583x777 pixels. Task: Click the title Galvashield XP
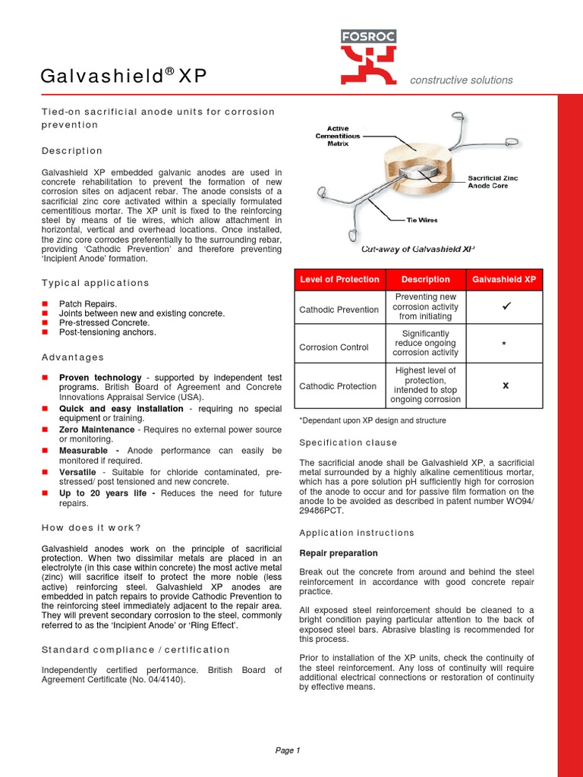pos(123,76)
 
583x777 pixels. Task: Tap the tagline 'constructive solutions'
pos(461,80)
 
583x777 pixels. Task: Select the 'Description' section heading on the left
pos(72,151)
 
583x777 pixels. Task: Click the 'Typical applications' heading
pos(96,283)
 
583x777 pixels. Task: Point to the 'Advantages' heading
pos(73,357)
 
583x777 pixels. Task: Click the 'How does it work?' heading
pos(91,528)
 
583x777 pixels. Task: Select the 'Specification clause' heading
pos(348,442)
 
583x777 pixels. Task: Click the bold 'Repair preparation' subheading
pos(339,553)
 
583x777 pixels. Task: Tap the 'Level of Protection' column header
pos(339,279)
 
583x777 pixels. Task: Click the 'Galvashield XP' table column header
pos(504,279)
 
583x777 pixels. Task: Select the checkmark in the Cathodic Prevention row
pos(504,307)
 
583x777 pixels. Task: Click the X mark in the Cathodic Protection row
pos(505,385)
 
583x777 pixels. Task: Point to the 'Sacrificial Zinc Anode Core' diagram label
pos(494,182)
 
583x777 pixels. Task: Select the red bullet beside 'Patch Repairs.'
pos(45,304)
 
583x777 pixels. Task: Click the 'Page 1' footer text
pos(288,750)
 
